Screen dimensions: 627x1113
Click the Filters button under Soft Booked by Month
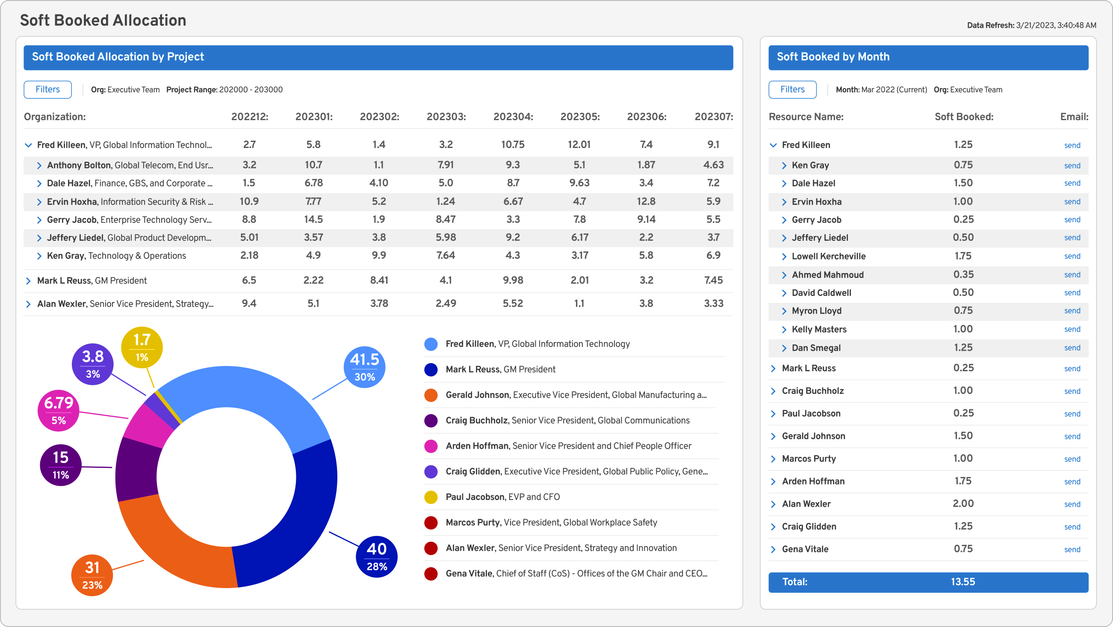[x=792, y=89]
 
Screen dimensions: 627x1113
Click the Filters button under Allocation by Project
[x=47, y=89]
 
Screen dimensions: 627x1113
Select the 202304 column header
[x=513, y=117]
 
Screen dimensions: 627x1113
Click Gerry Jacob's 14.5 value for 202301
[x=313, y=219]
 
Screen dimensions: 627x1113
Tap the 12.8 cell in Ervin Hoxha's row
[x=646, y=201]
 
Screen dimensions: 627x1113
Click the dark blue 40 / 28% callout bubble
[x=376, y=556]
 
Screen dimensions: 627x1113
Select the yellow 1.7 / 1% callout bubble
[x=142, y=347]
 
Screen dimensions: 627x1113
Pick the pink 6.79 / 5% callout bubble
[x=59, y=411]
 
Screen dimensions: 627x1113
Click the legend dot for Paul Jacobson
[x=431, y=497]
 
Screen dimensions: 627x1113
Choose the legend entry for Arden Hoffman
[x=568, y=446]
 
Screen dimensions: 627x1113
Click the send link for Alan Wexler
[x=1072, y=504]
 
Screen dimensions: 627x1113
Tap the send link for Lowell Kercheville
[x=1072, y=256]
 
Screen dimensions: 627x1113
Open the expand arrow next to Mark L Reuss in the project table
[x=29, y=281]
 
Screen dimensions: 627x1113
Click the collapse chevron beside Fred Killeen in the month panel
[x=773, y=145]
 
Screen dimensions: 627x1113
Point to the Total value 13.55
[x=962, y=582]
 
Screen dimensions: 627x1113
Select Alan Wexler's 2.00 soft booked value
[x=963, y=504]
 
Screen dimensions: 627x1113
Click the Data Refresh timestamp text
[x=1031, y=26]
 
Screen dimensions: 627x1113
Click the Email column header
[x=1074, y=117]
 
